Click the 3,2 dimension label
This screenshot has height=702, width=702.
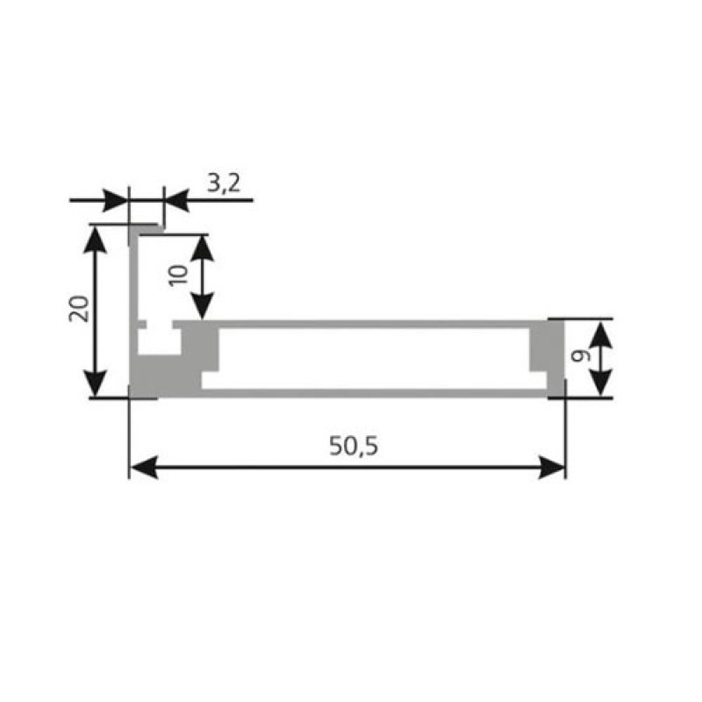[224, 183]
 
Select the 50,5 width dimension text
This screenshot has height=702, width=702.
[354, 446]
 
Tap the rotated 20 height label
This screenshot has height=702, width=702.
[80, 309]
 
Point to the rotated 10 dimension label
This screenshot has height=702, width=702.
[178, 275]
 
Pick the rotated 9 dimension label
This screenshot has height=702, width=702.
[581, 356]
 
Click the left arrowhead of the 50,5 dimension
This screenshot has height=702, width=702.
[144, 467]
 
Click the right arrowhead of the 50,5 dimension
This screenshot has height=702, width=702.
[552, 467]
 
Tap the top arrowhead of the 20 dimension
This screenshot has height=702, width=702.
[95, 240]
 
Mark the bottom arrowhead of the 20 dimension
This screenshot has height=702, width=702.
[95, 383]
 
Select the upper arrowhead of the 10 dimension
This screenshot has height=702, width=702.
[203, 248]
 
